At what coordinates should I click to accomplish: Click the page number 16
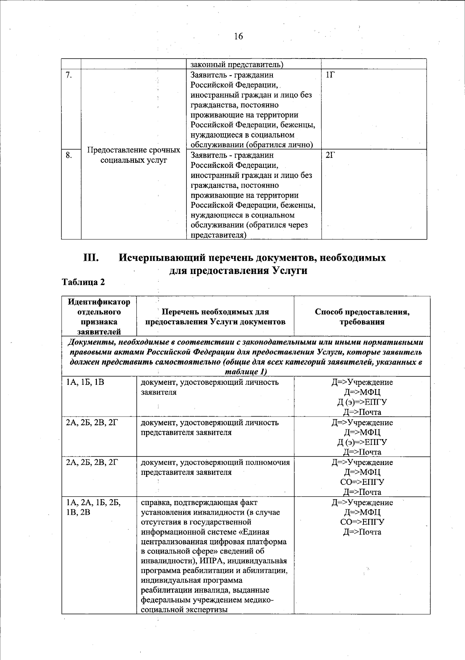tap(238, 36)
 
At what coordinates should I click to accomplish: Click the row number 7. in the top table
tap(68, 75)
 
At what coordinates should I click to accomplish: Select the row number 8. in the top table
tap(68, 155)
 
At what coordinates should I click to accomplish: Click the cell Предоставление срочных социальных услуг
tap(134, 155)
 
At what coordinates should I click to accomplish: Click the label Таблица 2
tap(83, 282)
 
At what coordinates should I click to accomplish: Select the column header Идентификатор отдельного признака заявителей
tap(99, 316)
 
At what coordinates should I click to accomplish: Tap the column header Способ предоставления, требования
tap(362, 317)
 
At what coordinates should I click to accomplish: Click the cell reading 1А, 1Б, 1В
tap(85, 383)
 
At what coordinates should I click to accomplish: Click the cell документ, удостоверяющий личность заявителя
tap(209, 387)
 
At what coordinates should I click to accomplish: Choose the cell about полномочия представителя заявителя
tap(215, 467)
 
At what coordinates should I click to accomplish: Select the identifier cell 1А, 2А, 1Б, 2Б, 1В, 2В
tap(93, 507)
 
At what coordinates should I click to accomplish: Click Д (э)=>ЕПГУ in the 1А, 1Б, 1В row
tap(362, 402)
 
